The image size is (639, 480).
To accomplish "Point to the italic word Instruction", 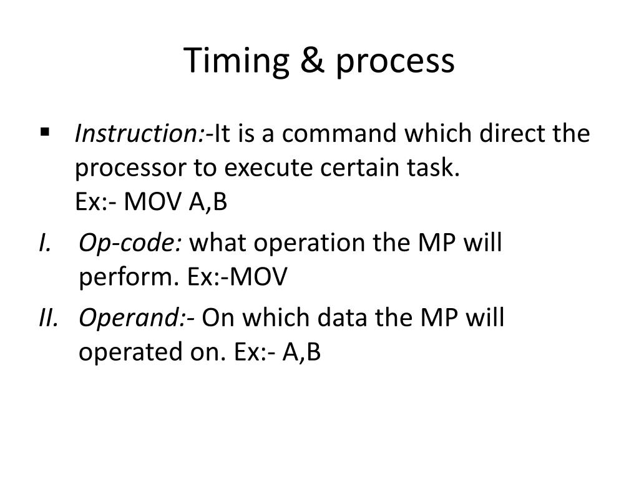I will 139,134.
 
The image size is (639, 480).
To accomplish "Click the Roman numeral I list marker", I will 44,242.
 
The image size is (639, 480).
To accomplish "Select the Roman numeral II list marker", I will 47,318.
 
